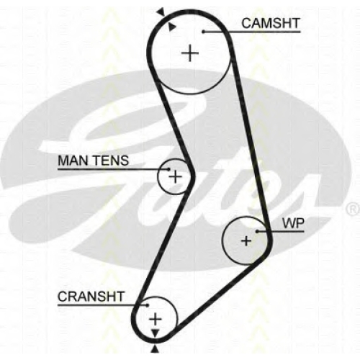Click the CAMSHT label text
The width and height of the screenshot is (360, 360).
click(271, 23)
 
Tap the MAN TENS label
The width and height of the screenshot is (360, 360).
click(94, 161)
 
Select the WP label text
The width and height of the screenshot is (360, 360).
click(293, 223)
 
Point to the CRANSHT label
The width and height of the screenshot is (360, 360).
click(91, 297)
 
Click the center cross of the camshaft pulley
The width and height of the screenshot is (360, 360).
click(190, 53)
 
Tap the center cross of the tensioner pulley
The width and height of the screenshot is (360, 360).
click(176, 177)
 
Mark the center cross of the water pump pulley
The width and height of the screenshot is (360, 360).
click(246, 240)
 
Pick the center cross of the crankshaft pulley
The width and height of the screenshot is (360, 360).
click(156, 319)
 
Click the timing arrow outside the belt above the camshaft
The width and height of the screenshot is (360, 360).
click(161, 12)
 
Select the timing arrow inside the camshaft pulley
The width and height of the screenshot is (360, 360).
click(171, 27)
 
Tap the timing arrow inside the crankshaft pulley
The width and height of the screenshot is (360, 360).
click(156, 333)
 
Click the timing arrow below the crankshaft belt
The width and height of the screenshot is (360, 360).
click(156, 349)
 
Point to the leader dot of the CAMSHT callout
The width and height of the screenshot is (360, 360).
click(203, 32)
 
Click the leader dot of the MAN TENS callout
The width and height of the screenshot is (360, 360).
click(168, 169)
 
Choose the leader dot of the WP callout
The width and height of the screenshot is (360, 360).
click(257, 231)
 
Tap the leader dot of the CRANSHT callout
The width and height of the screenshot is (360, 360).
click(148, 305)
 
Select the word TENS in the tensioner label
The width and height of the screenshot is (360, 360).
click(111, 161)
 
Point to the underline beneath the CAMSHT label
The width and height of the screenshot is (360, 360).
click(252, 32)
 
